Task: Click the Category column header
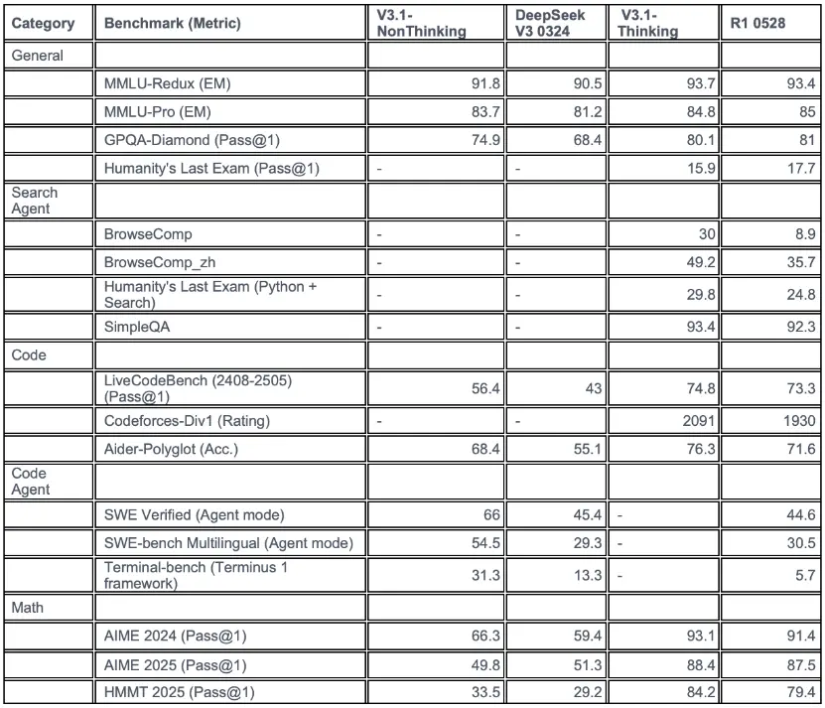(42, 23)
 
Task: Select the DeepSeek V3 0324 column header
(550, 23)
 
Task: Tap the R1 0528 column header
(757, 23)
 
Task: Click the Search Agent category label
(35, 201)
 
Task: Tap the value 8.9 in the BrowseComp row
(804, 234)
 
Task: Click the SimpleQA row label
(137, 327)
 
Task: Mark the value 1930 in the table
(796, 421)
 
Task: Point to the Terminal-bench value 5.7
(804, 574)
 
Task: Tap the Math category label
(29, 606)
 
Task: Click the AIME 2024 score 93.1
(698, 636)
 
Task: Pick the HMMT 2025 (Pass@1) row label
(176, 692)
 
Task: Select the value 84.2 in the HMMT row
(698, 692)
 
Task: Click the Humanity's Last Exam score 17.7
(800, 169)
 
